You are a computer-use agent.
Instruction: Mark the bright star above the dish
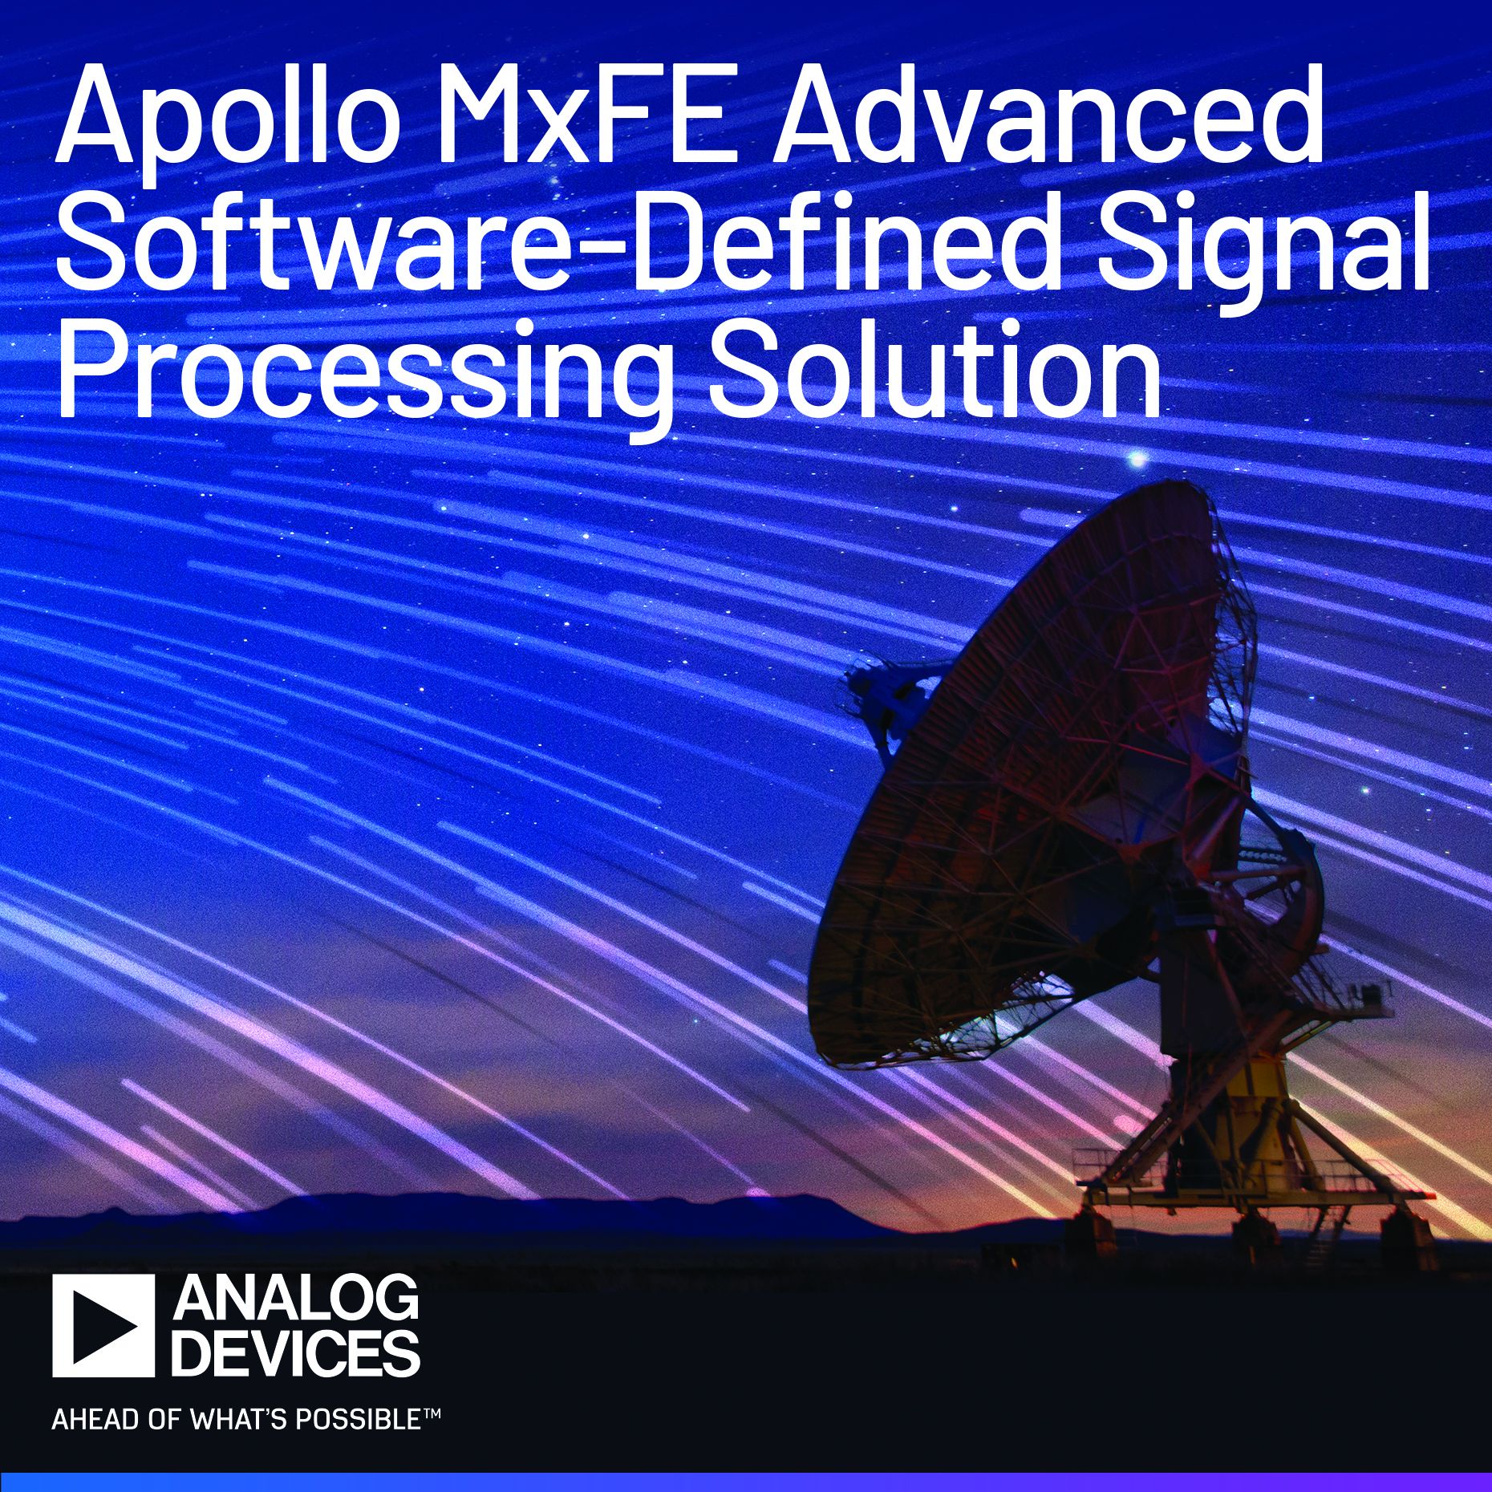[1137, 459]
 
